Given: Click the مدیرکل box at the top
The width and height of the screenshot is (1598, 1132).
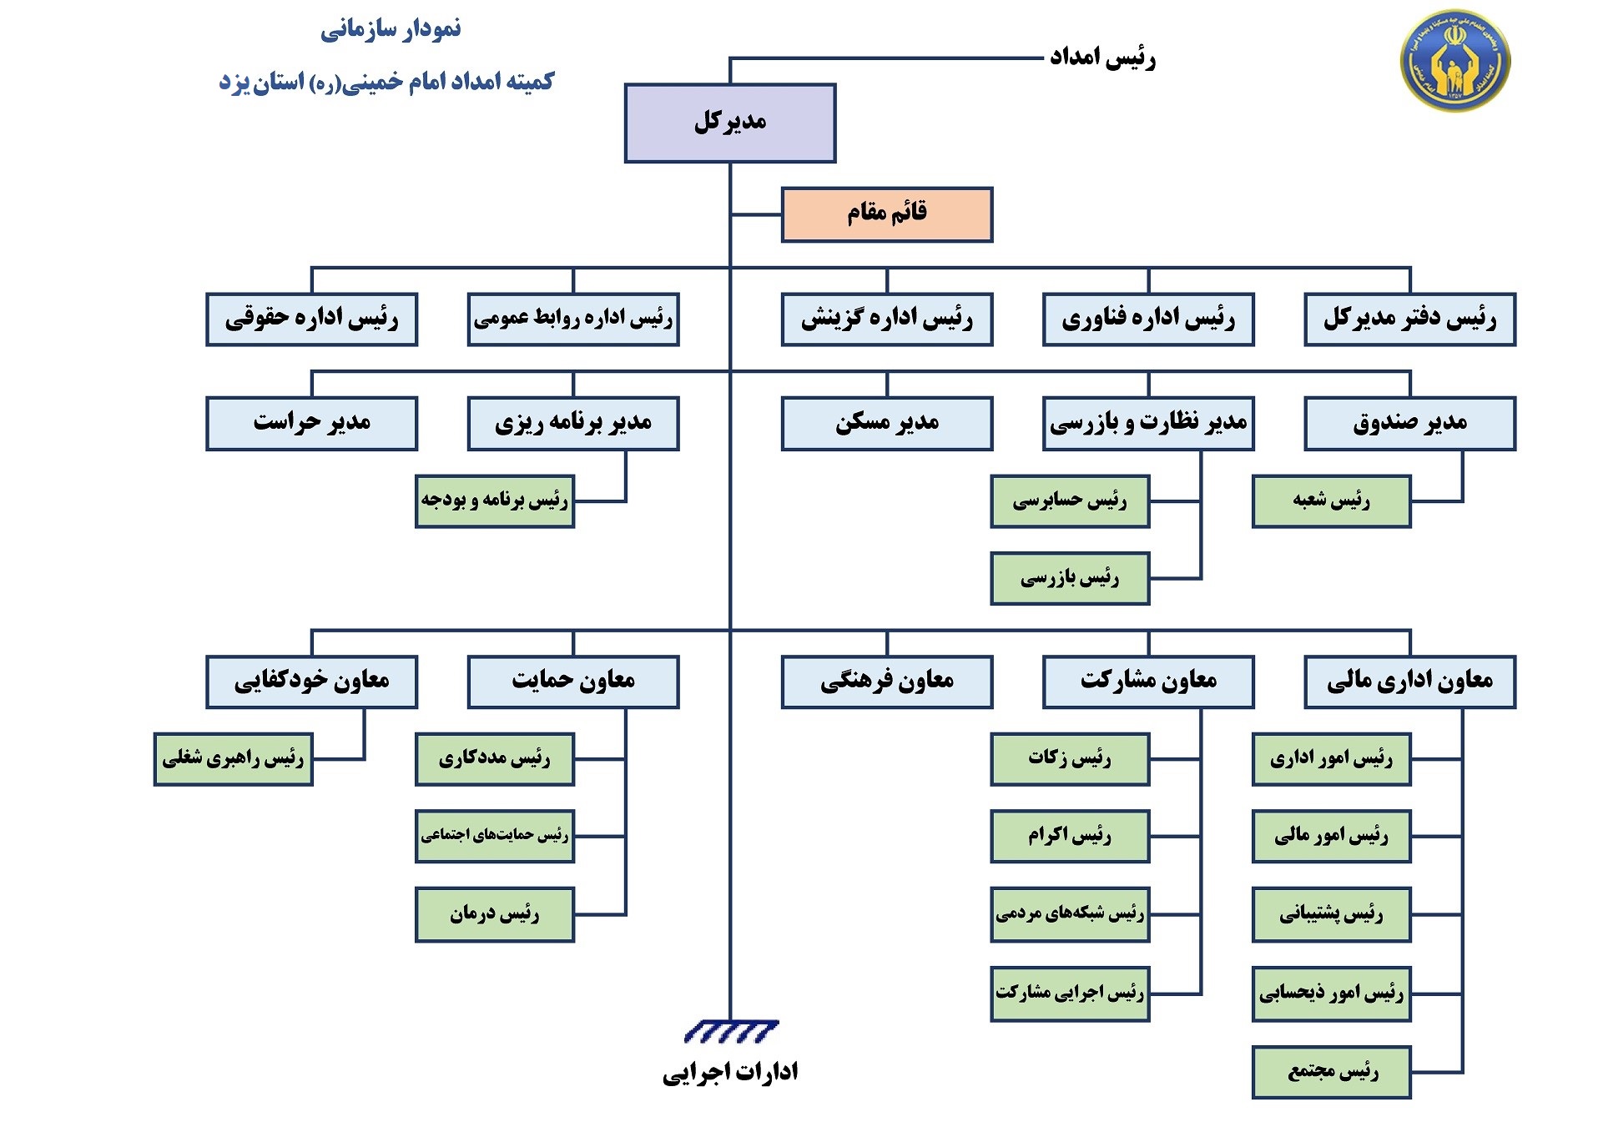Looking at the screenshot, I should click(x=729, y=123).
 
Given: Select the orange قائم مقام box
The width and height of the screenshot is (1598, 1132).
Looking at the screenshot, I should click(x=886, y=214).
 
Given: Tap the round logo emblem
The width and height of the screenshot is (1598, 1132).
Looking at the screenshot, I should click(x=1454, y=60).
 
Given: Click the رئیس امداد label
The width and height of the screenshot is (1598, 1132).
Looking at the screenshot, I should click(x=1101, y=58).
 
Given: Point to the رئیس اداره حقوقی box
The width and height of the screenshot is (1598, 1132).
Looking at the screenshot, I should click(x=311, y=319).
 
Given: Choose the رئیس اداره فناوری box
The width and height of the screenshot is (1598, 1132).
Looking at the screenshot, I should click(x=1147, y=319).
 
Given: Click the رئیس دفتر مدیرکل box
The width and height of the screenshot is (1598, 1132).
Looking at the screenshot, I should click(x=1409, y=319).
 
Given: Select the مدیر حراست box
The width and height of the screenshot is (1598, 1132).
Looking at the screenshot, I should click(x=311, y=423).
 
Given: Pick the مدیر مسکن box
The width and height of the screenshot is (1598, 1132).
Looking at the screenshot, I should click(x=886, y=423).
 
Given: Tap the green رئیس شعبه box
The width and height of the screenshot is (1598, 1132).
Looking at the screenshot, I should click(x=1331, y=501).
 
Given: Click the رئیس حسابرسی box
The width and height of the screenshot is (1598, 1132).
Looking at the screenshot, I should click(x=1069, y=501).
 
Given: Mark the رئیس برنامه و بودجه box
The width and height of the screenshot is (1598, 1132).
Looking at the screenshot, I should click(x=494, y=501).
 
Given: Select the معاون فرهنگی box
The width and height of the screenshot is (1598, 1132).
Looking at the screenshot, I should click(x=886, y=682).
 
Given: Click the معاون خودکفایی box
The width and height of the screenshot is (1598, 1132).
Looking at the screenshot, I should click(x=311, y=682).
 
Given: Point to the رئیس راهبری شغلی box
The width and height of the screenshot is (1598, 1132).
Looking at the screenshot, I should click(x=233, y=758).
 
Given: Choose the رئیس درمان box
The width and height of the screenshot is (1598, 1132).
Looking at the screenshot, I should click(x=494, y=914).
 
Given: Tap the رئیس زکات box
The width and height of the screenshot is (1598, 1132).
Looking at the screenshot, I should click(x=1069, y=758).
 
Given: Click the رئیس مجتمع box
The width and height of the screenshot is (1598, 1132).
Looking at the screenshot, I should click(x=1331, y=1071).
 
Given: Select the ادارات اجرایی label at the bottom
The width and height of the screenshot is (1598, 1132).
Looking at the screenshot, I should click(x=729, y=1072).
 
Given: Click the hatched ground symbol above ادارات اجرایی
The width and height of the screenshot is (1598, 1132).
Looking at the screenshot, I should click(x=730, y=1032).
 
